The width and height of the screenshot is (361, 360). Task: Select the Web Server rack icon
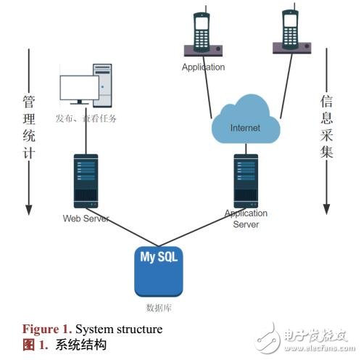click(85, 181)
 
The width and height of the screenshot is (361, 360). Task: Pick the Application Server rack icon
click(245, 180)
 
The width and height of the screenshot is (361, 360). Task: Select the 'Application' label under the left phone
click(203, 67)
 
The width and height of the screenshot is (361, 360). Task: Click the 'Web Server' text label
click(85, 218)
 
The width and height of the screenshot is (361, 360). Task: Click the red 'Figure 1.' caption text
click(46, 329)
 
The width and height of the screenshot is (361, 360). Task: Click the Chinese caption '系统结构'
click(80, 344)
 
